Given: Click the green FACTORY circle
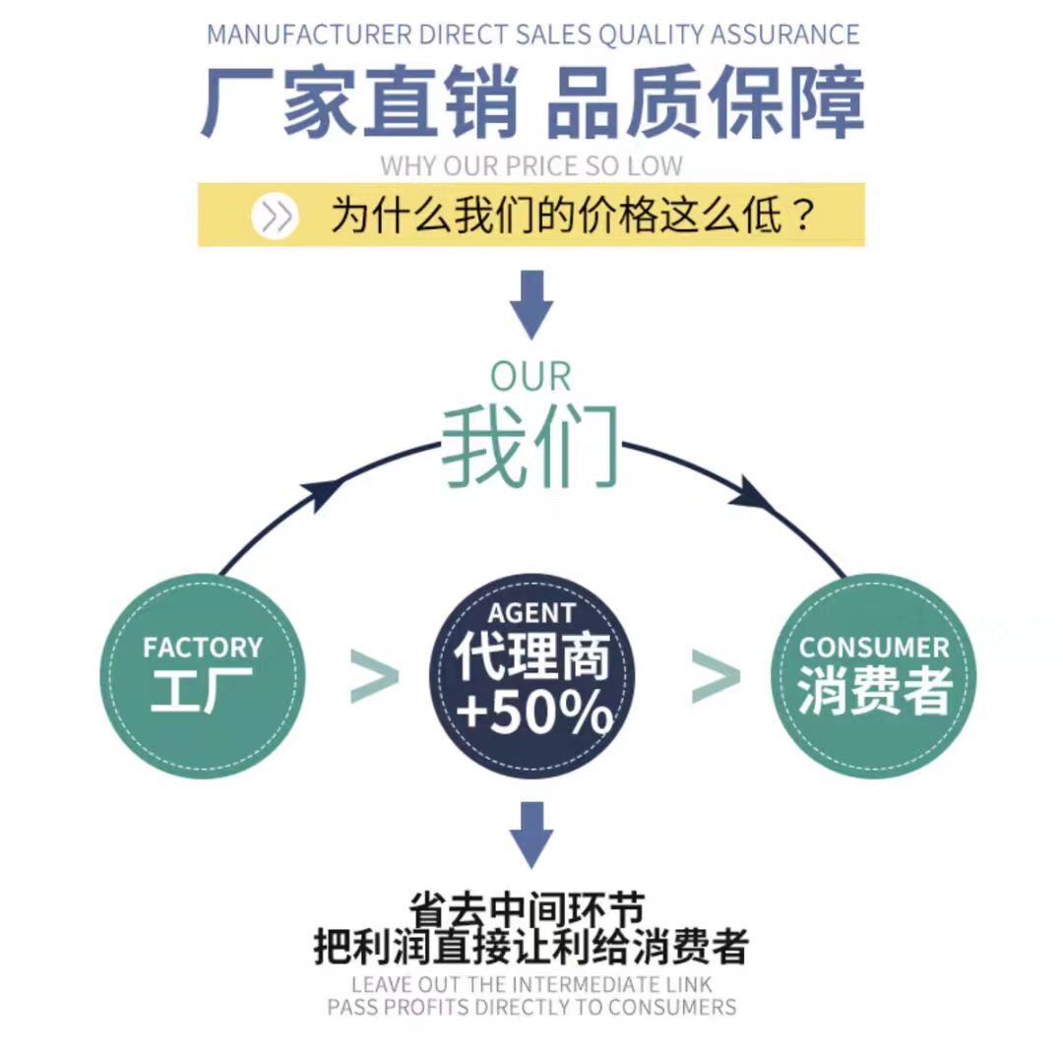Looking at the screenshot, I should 203,676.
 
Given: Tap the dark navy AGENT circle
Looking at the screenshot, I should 531,676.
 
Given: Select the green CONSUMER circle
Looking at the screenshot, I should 872,676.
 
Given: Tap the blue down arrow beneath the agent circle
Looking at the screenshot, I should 531,833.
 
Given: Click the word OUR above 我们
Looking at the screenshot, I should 531,377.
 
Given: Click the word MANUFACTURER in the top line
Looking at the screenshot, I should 308,34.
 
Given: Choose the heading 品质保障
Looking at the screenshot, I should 706,100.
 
